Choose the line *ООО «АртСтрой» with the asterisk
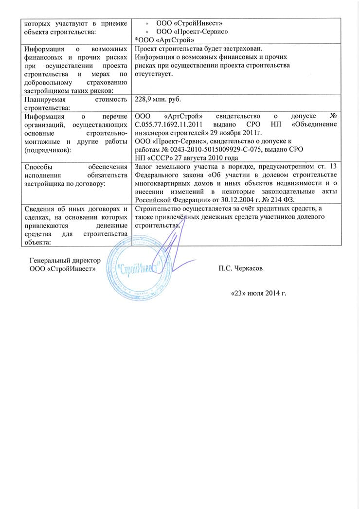point(165,39)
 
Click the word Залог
point(144,167)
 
